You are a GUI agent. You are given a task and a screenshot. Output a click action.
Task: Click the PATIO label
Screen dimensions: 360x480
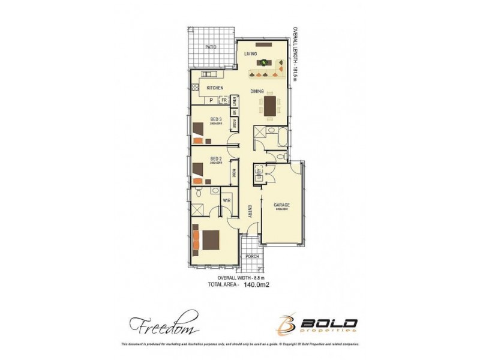211,46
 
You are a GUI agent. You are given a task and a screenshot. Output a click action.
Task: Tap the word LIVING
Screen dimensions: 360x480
251,55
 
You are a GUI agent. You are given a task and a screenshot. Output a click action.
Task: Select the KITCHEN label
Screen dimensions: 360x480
215,88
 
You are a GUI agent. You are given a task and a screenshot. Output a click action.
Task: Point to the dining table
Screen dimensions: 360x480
269,106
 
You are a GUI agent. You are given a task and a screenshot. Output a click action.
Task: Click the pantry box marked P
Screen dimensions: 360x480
211,100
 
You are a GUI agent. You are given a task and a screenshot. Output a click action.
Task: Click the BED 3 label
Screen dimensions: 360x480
216,119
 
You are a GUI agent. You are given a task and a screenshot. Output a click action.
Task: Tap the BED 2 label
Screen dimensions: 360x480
216,159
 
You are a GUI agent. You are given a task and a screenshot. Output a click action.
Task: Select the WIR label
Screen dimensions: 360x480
227,200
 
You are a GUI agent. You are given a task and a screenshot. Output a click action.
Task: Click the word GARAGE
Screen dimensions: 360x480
282,205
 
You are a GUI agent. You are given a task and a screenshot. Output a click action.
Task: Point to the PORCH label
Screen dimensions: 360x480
252,256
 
